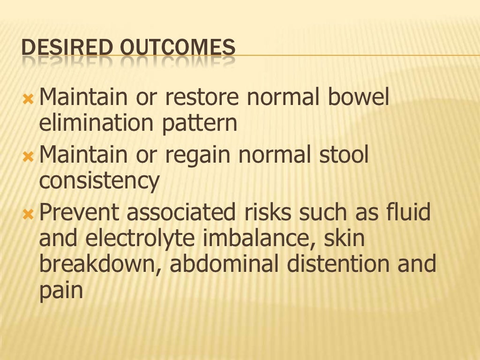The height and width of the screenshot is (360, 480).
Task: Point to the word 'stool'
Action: coord(343,155)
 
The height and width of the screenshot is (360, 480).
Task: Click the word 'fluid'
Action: coord(405,212)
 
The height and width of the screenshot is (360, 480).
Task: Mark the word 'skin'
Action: coord(345,238)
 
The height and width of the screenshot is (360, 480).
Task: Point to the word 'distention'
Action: coord(338,264)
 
